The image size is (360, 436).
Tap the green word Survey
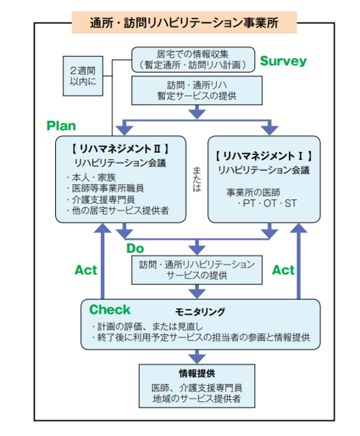tap(283, 61)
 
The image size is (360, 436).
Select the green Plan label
tap(61, 126)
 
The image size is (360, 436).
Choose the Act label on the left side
tap(86, 270)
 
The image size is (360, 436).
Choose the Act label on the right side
tap(283, 270)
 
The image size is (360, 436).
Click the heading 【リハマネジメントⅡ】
tap(121, 147)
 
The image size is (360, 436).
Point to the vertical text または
tap(196, 179)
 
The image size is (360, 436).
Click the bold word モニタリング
tap(200, 312)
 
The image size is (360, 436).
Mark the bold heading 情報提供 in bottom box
tap(196, 374)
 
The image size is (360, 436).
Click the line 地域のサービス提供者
tap(196, 398)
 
